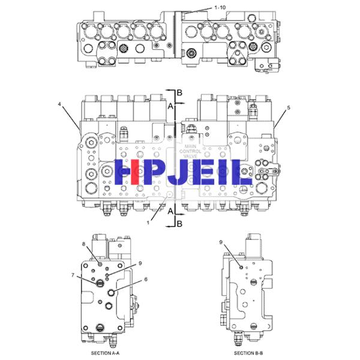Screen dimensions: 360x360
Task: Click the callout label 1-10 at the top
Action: coord(220,8)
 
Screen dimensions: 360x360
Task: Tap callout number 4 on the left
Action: coord(59,104)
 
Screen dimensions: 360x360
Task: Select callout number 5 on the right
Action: coord(289,107)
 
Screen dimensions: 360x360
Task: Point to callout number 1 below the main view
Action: coord(148,223)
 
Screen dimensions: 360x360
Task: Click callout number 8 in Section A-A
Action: coord(84,244)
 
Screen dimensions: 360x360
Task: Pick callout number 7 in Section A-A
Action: coord(73,275)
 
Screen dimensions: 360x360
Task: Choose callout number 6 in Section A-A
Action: coord(146,279)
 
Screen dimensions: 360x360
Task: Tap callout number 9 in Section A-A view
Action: coord(140,263)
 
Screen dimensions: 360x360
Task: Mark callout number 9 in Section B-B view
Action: coord(221,242)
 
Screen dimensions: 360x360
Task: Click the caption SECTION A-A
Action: coord(105,353)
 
